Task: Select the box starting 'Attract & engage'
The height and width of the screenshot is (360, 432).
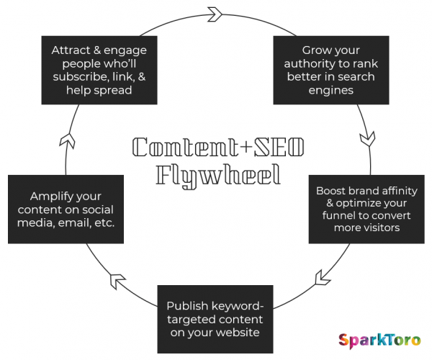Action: [x=99, y=71]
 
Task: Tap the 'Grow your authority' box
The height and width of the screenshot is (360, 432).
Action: [x=331, y=71]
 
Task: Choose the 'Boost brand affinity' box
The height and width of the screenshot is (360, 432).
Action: [x=366, y=210]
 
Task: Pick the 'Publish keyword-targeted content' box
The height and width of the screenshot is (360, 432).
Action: [x=215, y=319]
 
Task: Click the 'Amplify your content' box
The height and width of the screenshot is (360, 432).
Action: [x=66, y=210]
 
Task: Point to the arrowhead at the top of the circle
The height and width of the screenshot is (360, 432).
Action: [x=215, y=14]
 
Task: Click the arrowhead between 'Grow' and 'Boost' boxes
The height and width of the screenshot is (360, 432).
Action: [x=368, y=139]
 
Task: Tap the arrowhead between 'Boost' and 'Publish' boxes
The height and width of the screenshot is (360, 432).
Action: [x=323, y=278]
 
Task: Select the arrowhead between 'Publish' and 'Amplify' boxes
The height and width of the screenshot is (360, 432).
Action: [x=117, y=281]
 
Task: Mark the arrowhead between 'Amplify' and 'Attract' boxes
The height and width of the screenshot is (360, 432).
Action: [x=68, y=141]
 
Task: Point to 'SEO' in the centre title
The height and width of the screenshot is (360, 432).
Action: [x=279, y=147]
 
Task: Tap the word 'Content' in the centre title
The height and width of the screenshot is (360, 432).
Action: [x=185, y=147]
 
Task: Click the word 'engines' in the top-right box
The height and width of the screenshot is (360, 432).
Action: [x=331, y=91]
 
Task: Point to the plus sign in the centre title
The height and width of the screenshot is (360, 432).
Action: [x=246, y=147]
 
